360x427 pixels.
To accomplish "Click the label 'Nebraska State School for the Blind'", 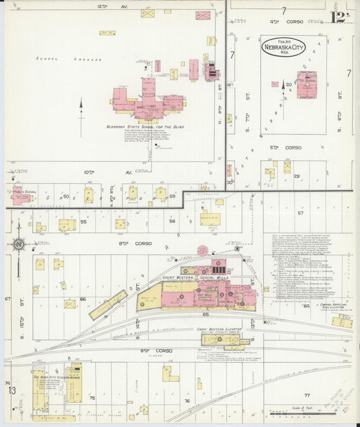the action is point(145,126).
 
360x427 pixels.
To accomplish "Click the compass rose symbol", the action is point(18,243).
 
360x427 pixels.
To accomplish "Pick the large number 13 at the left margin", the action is point(11,391).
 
